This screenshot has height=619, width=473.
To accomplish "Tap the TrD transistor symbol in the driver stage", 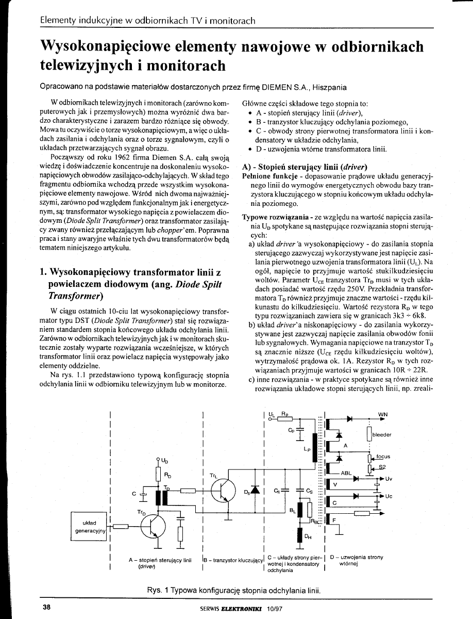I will tap(153, 526).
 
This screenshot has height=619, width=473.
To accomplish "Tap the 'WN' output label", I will tap(383, 414).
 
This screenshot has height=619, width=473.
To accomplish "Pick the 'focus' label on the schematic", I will tap(383, 456).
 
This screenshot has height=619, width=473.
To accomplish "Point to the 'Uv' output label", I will tap(389, 479).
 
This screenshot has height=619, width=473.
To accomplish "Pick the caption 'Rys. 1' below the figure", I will tap(158, 590).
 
